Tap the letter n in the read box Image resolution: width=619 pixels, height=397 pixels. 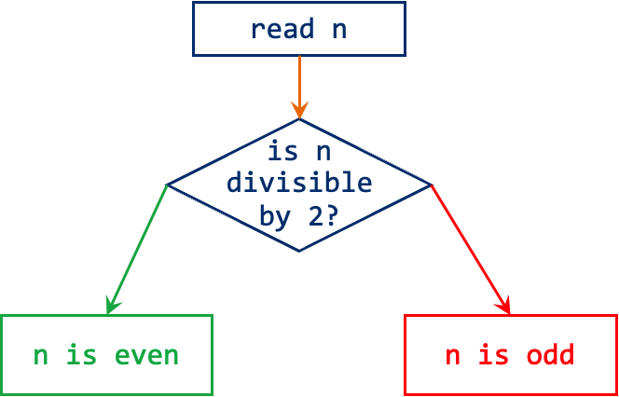[x=338, y=30]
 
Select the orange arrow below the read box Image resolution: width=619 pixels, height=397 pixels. [x=299, y=84]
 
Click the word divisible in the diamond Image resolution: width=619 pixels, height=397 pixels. [x=299, y=183]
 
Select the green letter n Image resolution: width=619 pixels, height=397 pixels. [x=41, y=357]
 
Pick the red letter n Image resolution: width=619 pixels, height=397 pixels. [x=453, y=357]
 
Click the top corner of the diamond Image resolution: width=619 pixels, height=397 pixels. [x=299, y=120]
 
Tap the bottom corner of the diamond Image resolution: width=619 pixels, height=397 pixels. [x=299, y=250]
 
